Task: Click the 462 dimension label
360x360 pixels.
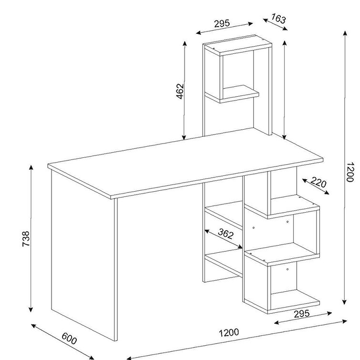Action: coord(180,92)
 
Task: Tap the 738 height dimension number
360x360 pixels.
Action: coord(26,239)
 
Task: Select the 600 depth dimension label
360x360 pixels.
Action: coord(69,339)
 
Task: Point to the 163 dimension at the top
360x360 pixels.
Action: coord(279,19)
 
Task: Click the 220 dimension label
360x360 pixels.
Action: coord(319,182)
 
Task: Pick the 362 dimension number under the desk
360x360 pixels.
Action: coord(226,234)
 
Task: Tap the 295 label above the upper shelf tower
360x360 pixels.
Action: coord(222,23)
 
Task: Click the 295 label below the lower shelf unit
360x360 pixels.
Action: coord(302,314)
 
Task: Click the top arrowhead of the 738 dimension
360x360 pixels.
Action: coord(31,167)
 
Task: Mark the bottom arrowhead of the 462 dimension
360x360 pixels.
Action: coord(184,137)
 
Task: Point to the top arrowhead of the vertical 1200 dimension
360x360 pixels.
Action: coord(345,33)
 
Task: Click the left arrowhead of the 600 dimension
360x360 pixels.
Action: coord(33,326)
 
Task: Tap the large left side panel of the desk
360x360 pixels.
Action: coord(82,252)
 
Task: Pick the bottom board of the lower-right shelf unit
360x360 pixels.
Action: coord(282,302)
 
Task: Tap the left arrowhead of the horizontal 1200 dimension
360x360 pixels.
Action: coord(129,358)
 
